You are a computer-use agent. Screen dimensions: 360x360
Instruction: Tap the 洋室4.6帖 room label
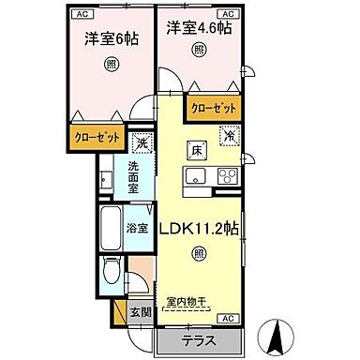tap(200, 29)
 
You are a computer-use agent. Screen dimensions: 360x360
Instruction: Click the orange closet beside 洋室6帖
tap(99, 138)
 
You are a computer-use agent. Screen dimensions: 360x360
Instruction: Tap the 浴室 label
tap(138, 228)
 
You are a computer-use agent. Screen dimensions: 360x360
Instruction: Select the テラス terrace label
tap(200, 339)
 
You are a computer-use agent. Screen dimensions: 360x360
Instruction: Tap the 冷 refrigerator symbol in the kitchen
tap(231, 136)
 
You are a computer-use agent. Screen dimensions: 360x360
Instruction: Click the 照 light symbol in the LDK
tap(199, 254)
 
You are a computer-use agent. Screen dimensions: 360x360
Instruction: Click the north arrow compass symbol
tap(278, 332)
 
